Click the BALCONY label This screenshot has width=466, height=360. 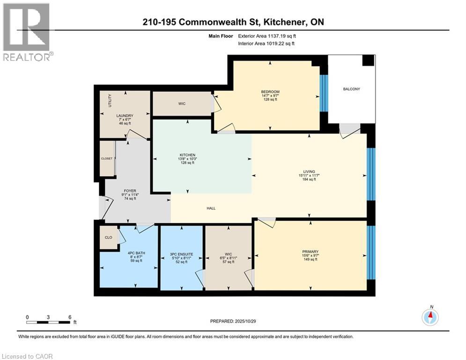pyautogui.click(x=352, y=89)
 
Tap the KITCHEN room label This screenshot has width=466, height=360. pyautogui.click(x=187, y=155)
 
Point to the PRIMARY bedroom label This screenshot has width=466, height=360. pyautogui.click(x=310, y=252)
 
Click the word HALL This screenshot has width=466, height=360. pyautogui.click(x=211, y=208)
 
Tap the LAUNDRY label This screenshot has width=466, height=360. pyautogui.click(x=125, y=116)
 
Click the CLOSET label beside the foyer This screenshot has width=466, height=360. pyautogui.click(x=107, y=159)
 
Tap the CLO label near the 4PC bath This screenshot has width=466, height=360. pyautogui.click(x=108, y=238)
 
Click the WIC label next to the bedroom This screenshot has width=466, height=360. pyautogui.click(x=182, y=104)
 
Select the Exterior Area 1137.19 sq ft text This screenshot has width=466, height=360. pyautogui.click(x=267, y=35)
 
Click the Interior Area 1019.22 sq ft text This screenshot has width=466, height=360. pyautogui.click(x=267, y=44)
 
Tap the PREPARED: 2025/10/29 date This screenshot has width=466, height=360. pyautogui.click(x=233, y=321)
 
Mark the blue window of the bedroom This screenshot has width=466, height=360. pyautogui.click(x=322, y=93)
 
